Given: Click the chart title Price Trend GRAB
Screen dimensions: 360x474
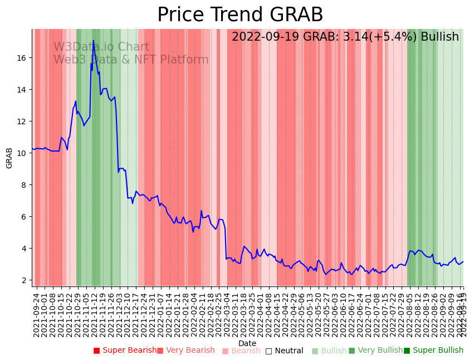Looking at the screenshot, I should (x=240, y=15).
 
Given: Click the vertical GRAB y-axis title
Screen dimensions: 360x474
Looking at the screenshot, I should (x=9, y=158).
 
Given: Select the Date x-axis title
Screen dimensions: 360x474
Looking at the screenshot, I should (x=247, y=343).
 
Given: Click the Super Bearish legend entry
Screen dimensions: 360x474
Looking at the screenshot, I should (x=125, y=351).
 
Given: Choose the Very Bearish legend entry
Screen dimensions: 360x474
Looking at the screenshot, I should (x=186, y=351).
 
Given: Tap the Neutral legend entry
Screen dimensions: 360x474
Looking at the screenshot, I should (x=285, y=351).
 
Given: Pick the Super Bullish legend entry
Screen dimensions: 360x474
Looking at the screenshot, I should (x=434, y=351).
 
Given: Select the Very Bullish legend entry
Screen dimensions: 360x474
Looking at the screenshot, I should (x=376, y=351).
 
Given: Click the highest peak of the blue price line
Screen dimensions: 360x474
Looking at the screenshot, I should (x=93, y=40).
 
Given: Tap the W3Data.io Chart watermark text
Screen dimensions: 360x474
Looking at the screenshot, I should (x=101, y=47).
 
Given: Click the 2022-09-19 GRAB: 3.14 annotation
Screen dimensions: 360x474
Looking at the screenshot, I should (x=345, y=37).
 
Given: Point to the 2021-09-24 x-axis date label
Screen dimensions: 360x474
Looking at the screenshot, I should (x=36, y=314).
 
